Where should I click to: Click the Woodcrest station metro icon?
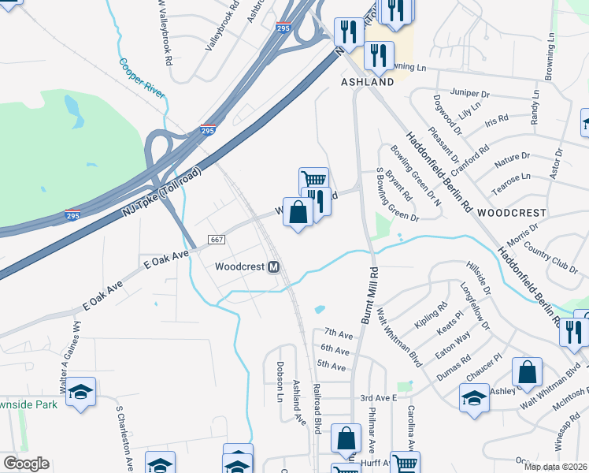[274, 266]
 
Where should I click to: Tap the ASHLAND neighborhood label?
[367, 82]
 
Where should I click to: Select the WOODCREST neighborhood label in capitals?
[512, 213]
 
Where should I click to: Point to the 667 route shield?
[217, 239]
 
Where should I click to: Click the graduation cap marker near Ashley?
[474, 397]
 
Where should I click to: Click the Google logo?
[26, 464]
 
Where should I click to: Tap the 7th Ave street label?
[335, 333]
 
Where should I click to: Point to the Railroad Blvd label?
[317, 408]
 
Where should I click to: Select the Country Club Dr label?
[550, 259]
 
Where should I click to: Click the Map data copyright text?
[556, 467]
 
